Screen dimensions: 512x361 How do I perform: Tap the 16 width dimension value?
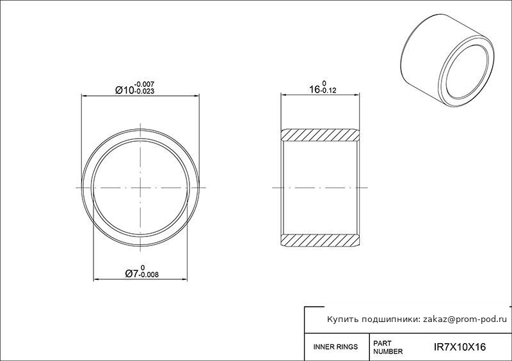[x=314, y=89]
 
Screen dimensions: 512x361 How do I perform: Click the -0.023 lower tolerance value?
[x=144, y=91]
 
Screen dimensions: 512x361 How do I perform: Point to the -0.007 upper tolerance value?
[x=144, y=84]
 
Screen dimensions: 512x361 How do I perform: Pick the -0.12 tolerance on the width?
[x=328, y=91]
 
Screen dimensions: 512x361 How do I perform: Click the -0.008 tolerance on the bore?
[x=149, y=275]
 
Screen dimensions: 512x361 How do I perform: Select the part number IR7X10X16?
[x=460, y=347]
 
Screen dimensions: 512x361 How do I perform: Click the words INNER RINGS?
[x=335, y=347]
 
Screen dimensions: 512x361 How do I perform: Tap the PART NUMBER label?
[x=388, y=348]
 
